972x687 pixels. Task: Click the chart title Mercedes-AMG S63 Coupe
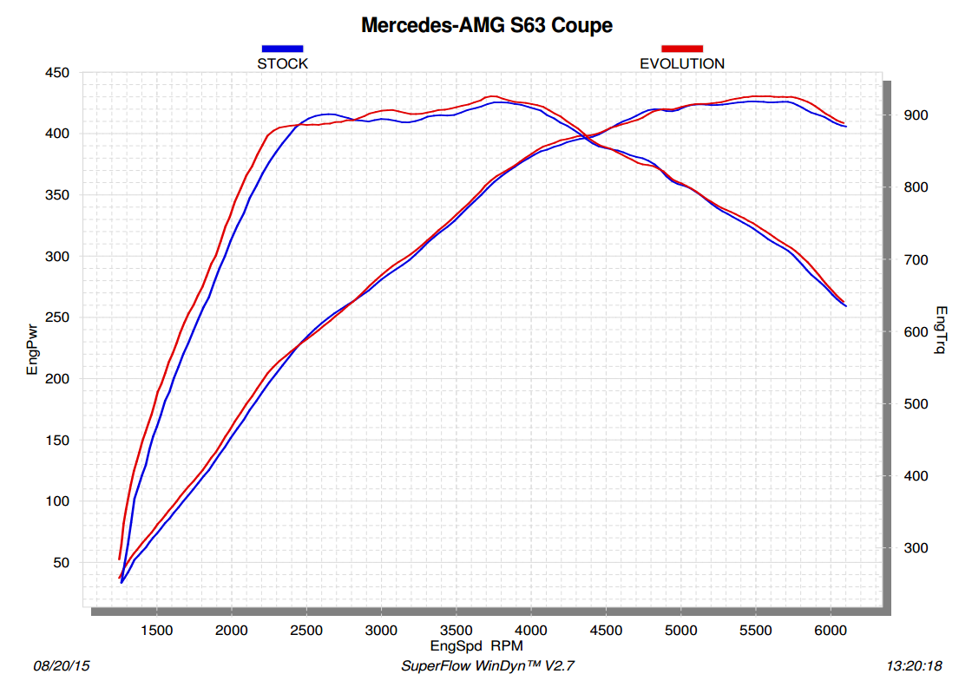point(486,25)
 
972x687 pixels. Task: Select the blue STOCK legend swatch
point(282,49)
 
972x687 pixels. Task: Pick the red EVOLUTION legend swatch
point(681,49)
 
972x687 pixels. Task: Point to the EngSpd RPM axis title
point(476,646)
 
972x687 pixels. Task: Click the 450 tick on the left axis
point(56,73)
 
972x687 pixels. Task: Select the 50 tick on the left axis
point(60,563)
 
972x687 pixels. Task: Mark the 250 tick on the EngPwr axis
point(56,318)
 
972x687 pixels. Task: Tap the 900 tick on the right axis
point(916,115)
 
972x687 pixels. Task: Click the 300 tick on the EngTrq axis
point(916,548)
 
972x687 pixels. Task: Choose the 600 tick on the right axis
point(916,332)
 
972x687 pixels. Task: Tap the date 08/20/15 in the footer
point(62,666)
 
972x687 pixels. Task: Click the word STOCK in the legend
point(282,63)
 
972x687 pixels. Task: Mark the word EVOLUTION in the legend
point(682,63)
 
